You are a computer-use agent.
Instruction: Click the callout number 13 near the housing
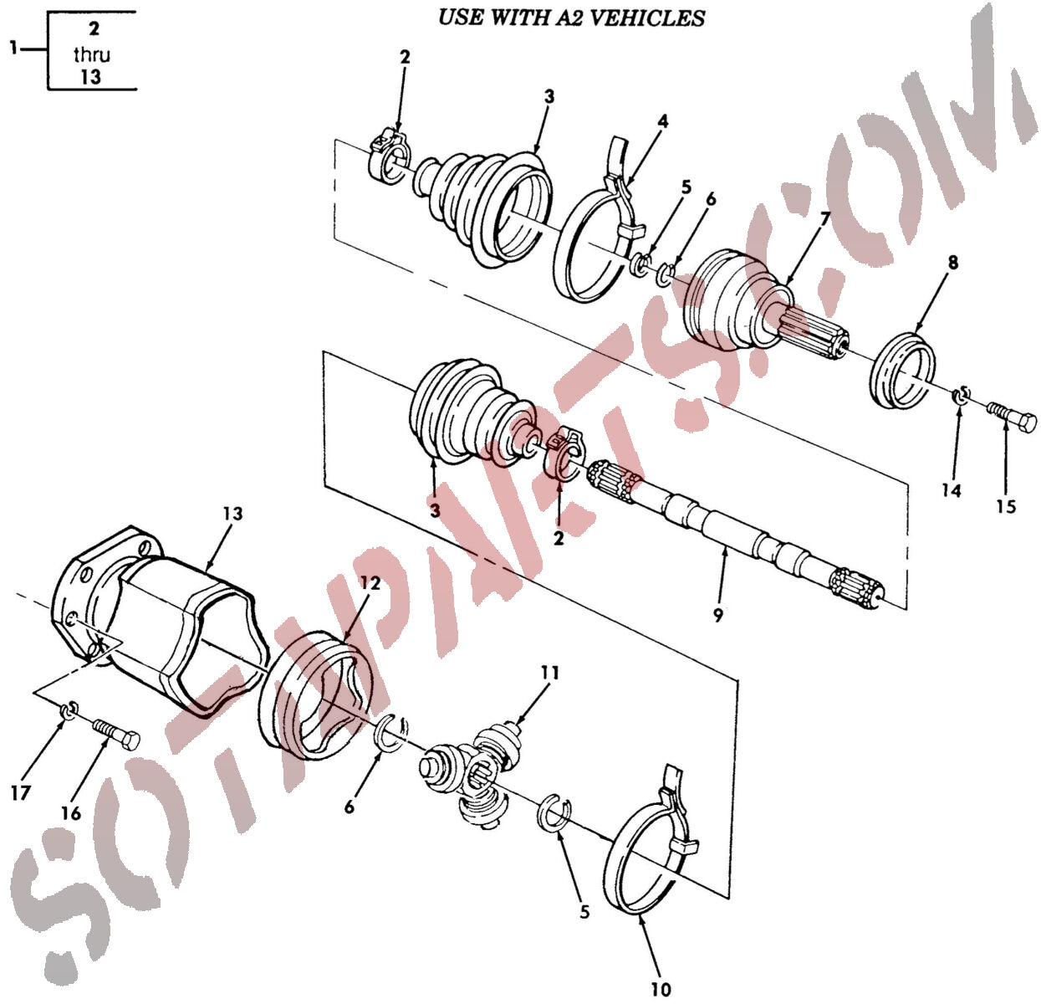[x=232, y=514]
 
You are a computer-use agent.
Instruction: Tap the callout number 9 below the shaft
[x=718, y=616]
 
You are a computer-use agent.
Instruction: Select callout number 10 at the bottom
[x=661, y=990]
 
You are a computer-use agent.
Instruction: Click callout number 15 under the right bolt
[x=1006, y=506]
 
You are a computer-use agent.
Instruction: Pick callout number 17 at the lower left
[x=20, y=793]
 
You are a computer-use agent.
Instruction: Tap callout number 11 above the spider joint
[x=550, y=673]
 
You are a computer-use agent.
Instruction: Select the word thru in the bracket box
[x=91, y=54]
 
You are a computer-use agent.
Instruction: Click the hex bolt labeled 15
[x=1012, y=418]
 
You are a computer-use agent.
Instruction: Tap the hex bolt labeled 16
[x=116, y=733]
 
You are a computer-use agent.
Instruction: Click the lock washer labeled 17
[x=69, y=710]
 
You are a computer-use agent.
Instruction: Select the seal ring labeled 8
[x=903, y=371]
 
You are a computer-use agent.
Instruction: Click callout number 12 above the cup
[x=370, y=583]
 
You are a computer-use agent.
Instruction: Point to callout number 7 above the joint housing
[x=824, y=219]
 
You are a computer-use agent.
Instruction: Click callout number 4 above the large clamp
[x=662, y=121]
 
